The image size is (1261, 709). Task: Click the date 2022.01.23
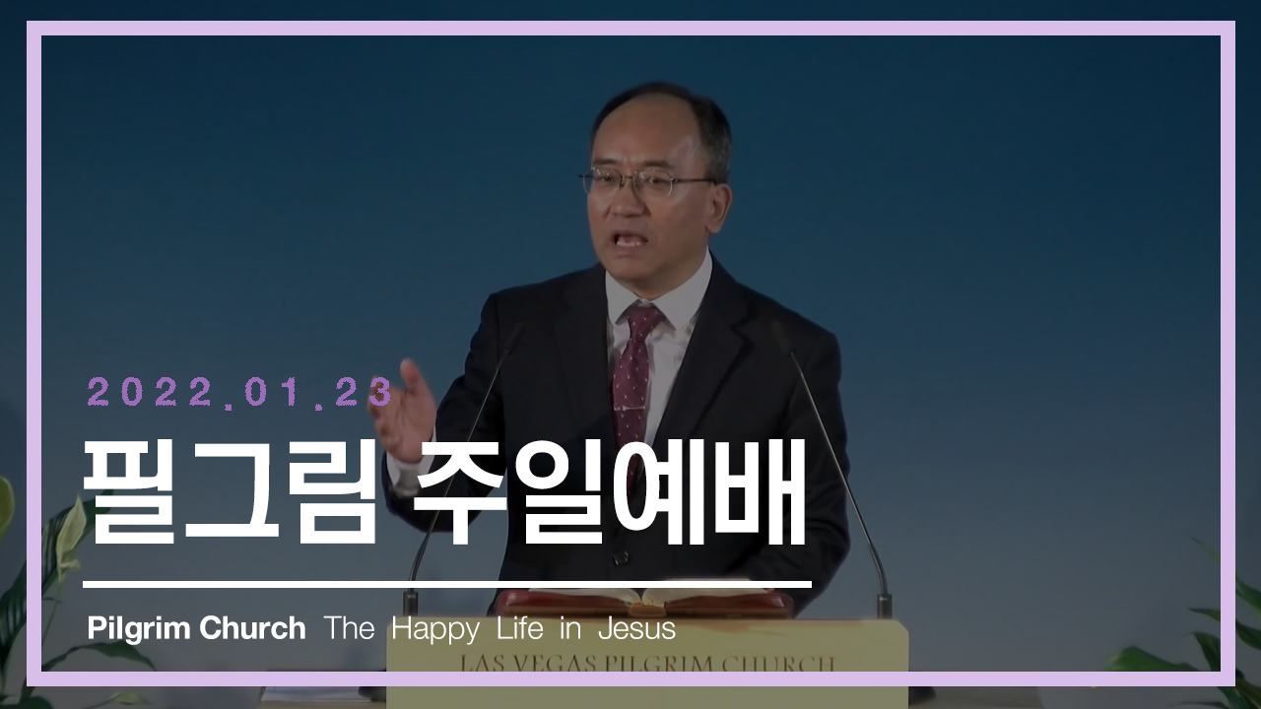[240, 392]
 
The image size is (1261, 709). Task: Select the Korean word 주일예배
[610, 494]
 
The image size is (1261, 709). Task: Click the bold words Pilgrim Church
[196, 628]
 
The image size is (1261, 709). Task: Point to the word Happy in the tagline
[435, 629]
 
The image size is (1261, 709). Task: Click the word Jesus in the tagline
[636, 628]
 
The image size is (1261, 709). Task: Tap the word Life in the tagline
[520, 627]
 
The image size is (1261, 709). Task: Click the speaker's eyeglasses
[647, 182]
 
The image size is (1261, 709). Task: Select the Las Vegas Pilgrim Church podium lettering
[647, 663]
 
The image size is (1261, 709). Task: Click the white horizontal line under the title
[447, 585]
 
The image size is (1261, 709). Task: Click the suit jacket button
[621, 557]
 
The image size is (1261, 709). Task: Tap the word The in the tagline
[349, 627]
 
